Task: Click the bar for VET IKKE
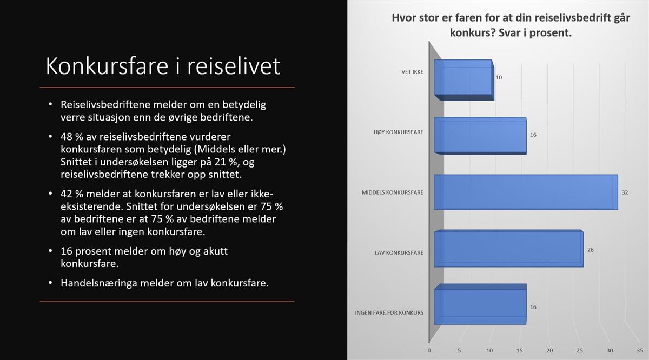click(x=464, y=80)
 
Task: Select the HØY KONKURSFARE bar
click(x=480, y=136)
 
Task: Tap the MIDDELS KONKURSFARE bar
click(x=526, y=192)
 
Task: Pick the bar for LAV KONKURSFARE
click(x=509, y=249)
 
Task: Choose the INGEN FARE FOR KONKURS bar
click(x=480, y=304)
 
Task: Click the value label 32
click(x=625, y=192)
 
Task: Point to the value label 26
click(x=591, y=250)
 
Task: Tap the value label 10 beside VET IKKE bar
click(x=499, y=77)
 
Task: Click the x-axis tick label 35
click(x=640, y=350)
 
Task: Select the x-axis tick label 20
click(x=549, y=350)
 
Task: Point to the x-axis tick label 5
click(x=459, y=350)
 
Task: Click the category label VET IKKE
click(x=412, y=72)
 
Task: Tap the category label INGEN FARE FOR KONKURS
click(x=389, y=313)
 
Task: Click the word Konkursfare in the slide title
click(x=107, y=66)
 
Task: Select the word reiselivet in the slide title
click(x=234, y=66)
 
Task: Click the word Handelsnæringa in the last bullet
click(x=99, y=283)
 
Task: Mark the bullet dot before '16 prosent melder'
click(x=50, y=250)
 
